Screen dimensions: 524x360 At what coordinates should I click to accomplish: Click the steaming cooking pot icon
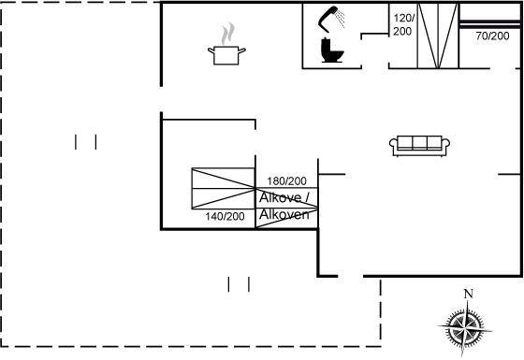click(x=226, y=45)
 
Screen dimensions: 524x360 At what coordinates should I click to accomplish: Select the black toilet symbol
click(x=332, y=50)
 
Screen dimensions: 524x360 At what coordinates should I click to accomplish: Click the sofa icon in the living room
click(x=419, y=146)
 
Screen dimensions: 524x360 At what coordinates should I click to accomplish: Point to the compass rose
click(x=465, y=324)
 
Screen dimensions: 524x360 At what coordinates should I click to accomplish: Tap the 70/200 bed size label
click(x=492, y=36)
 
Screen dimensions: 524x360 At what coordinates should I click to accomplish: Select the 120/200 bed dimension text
click(x=403, y=24)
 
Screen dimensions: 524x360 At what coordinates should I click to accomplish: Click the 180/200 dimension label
click(x=286, y=181)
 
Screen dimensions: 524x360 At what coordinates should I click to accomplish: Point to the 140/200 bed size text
click(x=225, y=216)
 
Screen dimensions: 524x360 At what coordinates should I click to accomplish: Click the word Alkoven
click(x=284, y=214)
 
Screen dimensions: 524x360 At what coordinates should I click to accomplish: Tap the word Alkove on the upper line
click(x=280, y=197)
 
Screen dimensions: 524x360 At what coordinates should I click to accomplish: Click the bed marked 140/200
click(x=224, y=189)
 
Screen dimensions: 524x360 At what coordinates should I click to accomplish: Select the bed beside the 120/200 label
click(x=438, y=36)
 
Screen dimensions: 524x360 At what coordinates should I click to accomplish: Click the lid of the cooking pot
click(x=226, y=48)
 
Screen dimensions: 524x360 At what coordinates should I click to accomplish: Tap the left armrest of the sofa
click(x=393, y=144)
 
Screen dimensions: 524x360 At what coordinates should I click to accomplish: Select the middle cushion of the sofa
click(x=420, y=142)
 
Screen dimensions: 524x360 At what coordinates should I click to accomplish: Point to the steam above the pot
click(x=227, y=33)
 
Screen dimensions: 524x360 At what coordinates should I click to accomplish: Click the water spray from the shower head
click(x=341, y=19)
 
